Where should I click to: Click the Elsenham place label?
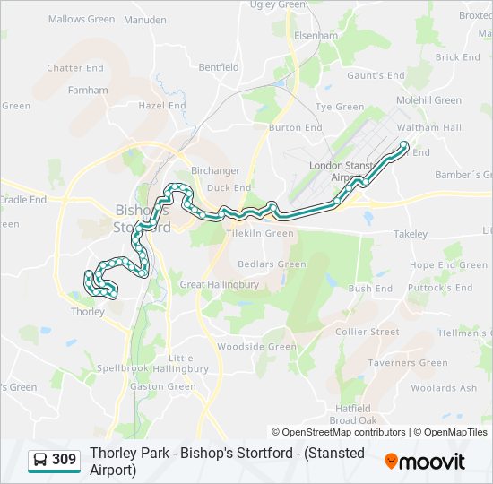[x=316, y=36]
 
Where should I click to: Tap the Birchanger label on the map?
[x=213, y=170]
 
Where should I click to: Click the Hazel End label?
[x=162, y=105]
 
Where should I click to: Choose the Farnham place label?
[x=88, y=90]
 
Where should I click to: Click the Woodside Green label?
[x=256, y=347]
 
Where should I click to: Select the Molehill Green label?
[x=428, y=100]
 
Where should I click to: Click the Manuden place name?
[x=144, y=19]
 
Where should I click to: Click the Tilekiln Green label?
[x=260, y=233]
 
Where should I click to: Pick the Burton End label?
[x=296, y=128]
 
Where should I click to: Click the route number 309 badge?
[x=64, y=460]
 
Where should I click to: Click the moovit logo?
[x=425, y=461]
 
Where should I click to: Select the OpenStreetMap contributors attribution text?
[x=338, y=432]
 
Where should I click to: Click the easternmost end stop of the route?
[x=404, y=145]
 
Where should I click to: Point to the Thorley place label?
[x=87, y=312]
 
